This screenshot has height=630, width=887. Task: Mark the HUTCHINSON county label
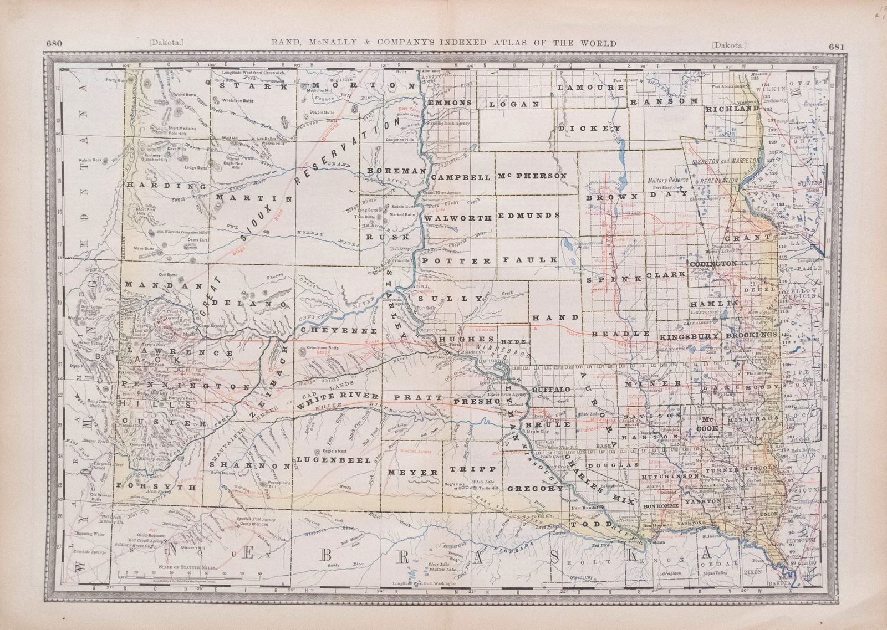tap(670, 476)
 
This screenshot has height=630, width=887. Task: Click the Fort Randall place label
tap(586, 509)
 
